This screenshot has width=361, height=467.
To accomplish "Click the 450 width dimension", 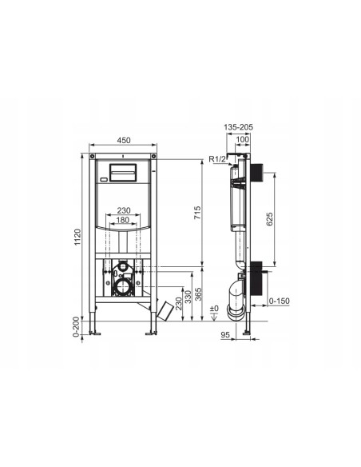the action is coord(124,140).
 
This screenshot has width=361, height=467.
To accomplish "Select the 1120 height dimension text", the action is coord(77,237).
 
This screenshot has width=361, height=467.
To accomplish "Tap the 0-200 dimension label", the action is coord(77,327).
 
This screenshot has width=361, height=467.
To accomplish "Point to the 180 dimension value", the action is coord(123,220).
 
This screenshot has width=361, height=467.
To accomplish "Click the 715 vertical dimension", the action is coord(197,213).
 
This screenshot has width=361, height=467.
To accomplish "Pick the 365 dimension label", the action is coord(198,294).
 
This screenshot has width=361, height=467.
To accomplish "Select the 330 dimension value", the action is coord(188,297).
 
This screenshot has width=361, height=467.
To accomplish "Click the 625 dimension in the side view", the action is coord(269,219).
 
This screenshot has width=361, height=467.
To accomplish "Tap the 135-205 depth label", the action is coord(238,127).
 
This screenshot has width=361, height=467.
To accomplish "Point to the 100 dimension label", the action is coord(243,139).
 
